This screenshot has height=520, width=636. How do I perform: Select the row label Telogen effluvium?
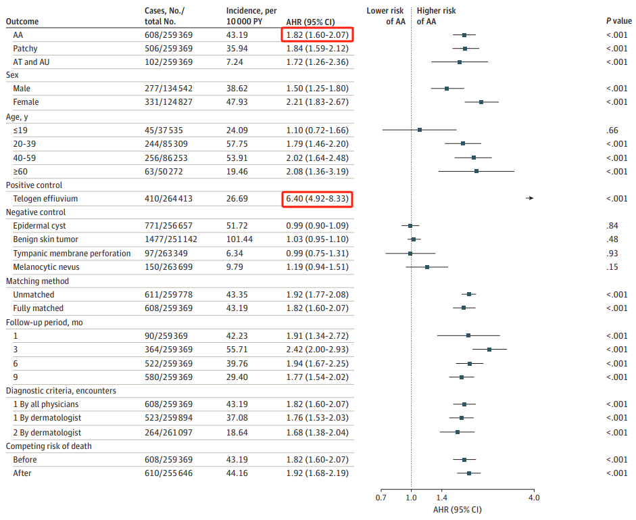45,198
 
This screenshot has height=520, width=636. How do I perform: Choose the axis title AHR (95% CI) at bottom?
458,510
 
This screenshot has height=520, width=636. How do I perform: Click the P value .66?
612,130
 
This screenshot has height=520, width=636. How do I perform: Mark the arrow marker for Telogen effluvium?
531,198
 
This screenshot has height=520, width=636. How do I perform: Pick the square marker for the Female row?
481,102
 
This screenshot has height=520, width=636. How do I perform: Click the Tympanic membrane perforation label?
72,253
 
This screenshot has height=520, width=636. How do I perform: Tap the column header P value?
618,22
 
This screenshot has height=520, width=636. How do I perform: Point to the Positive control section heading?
34,185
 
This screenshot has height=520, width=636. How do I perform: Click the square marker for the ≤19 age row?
420,130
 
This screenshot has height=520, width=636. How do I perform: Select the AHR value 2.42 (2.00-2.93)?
317,349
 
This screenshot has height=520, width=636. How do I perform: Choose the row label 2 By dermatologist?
47,432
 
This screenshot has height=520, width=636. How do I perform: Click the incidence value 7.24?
236,62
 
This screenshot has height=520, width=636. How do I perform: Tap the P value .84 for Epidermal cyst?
612,225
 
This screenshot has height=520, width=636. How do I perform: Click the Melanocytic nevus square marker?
427,267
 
